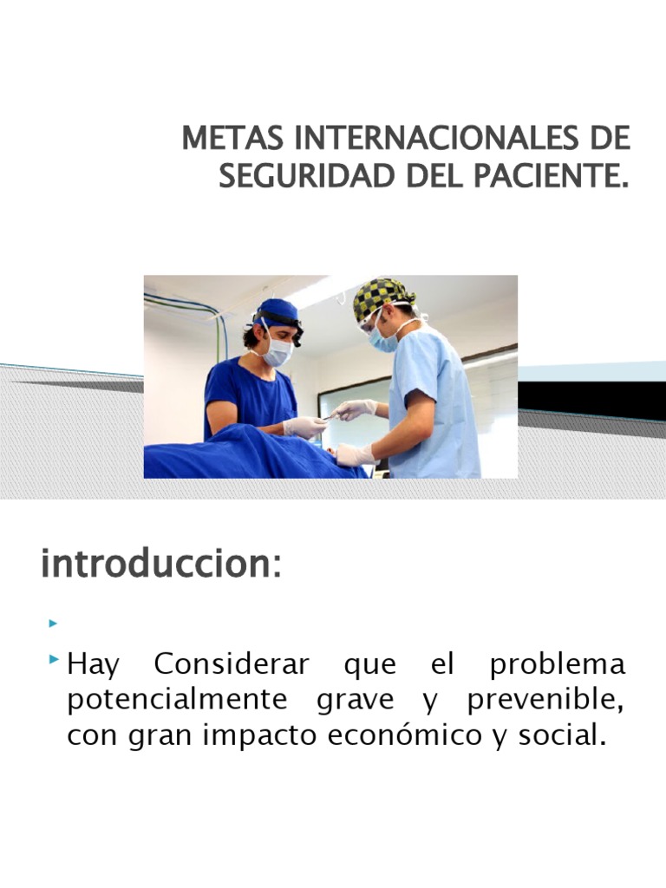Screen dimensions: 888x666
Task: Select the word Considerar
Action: point(231,665)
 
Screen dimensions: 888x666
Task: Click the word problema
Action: point(557,665)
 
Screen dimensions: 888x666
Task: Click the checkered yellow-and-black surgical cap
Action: point(382,297)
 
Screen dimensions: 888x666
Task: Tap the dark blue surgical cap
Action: point(278,311)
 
